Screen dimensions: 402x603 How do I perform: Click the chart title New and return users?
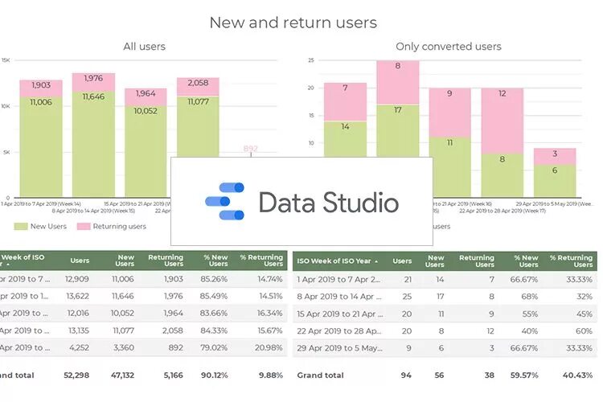click(x=293, y=23)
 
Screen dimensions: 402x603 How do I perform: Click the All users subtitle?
click(x=145, y=47)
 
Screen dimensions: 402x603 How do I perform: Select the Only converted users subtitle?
click(x=449, y=47)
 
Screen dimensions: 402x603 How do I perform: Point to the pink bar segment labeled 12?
click(x=502, y=121)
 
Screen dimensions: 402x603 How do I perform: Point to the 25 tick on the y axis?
click(x=310, y=60)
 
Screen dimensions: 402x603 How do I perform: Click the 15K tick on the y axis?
click(x=6, y=60)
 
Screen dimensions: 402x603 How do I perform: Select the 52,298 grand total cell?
click(x=76, y=375)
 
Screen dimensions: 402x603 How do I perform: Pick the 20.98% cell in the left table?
click(x=266, y=348)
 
